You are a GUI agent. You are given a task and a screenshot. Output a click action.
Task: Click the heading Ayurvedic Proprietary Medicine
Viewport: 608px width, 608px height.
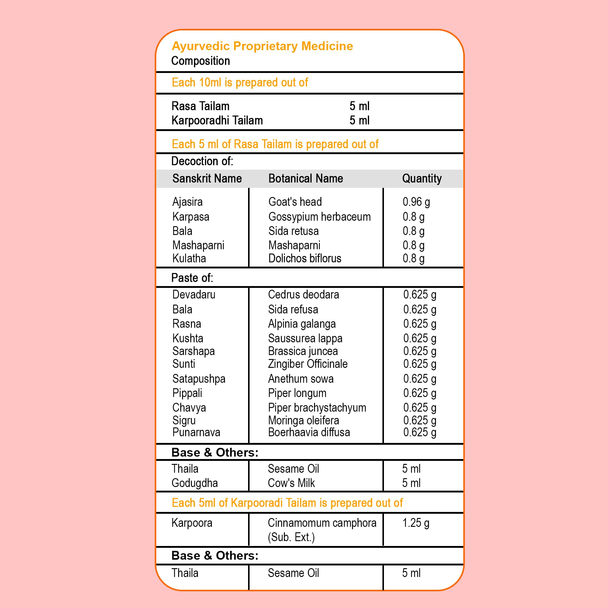[x=262, y=46]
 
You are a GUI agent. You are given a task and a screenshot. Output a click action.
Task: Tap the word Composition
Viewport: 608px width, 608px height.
[x=200, y=61]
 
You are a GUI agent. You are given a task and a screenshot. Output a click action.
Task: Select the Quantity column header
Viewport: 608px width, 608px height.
[x=422, y=178]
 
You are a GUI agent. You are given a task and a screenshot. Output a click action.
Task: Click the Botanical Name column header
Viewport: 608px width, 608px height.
[x=305, y=178]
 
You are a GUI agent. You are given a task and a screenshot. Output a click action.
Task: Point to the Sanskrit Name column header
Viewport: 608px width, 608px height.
[x=207, y=178]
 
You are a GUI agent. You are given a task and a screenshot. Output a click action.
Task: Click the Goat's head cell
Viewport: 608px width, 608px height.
[x=295, y=202]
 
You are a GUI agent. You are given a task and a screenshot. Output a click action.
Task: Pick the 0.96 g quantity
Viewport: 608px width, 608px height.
[x=416, y=202]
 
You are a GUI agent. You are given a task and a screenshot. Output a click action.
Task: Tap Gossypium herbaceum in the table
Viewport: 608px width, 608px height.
[x=319, y=216]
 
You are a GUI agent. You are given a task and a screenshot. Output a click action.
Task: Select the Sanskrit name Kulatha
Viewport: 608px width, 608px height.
[x=189, y=258]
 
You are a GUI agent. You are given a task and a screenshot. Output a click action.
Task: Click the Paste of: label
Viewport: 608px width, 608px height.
[x=192, y=278]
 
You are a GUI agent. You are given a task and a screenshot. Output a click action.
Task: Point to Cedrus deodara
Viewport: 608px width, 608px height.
[x=303, y=295]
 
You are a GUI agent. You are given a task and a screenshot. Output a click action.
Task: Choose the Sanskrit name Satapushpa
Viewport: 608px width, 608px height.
[x=199, y=378]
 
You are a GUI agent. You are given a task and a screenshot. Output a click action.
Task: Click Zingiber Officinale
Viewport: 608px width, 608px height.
[x=307, y=364]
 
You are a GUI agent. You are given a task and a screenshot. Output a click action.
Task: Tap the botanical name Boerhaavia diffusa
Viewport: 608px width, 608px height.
[x=309, y=432]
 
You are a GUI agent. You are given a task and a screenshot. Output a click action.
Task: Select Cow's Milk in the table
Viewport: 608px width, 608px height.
[x=291, y=483]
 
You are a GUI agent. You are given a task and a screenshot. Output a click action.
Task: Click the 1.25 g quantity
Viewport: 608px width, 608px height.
[x=415, y=523]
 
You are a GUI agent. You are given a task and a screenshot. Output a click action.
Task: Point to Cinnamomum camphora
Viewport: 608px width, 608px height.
[x=322, y=523]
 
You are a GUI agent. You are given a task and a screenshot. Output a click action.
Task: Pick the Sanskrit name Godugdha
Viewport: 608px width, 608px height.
[x=195, y=483]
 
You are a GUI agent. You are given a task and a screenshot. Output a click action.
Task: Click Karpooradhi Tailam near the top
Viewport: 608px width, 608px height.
[x=217, y=120]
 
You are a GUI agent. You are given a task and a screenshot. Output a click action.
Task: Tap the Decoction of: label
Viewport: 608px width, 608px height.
[x=202, y=161]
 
